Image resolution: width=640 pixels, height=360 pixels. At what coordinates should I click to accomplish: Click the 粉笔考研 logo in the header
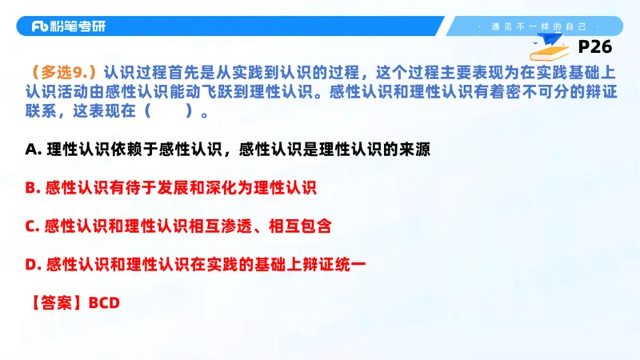tap(67, 26)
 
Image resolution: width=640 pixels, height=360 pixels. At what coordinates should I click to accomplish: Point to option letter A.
tap(31, 149)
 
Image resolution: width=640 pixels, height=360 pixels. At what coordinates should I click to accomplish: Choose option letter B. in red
tap(33, 188)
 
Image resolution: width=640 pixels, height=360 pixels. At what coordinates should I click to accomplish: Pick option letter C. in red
tap(33, 226)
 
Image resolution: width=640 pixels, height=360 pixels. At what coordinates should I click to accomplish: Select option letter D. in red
tap(33, 265)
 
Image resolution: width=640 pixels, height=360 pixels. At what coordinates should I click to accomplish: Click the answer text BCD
tap(103, 303)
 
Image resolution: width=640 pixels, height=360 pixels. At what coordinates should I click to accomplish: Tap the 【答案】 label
tap(54, 303)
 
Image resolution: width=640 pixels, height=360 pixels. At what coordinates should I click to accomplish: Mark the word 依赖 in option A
tap(123, 149)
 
